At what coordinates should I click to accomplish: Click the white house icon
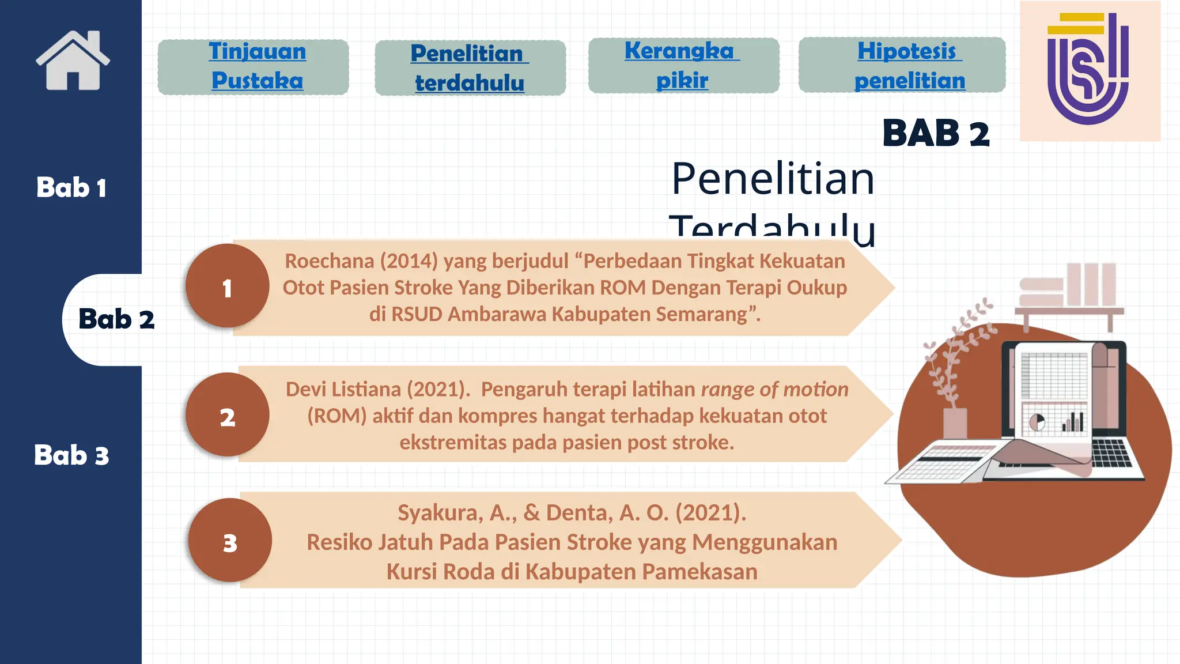(x=73, y=61)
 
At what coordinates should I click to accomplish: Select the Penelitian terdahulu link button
(x=470, y=68)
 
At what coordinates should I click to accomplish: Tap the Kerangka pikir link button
(x=683, y=66)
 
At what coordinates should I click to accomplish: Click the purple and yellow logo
(x=1088, y=69)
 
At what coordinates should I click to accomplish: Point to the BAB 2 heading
(x=935, y=133)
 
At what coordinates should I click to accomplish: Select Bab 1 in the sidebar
(x=71, y=187)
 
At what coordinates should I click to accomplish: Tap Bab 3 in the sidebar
(x=71, y=455)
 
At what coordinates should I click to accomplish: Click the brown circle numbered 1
(x=227, y=286)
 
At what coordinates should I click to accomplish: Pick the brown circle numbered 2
(x=227, y=415)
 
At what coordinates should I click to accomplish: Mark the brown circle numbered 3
(x=230, y=541)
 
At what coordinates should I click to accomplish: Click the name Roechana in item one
(x=330, y=261)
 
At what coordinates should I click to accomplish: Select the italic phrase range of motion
(x=774, y=389)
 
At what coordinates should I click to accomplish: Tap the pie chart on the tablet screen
(x=1037, y=422)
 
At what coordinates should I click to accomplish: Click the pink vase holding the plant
(x=955, y=423)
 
